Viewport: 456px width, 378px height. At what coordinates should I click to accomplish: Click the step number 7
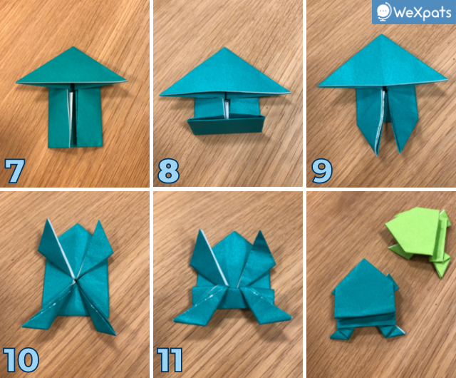coord(15,171)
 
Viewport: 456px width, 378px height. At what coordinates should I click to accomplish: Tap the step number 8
coord(168,171)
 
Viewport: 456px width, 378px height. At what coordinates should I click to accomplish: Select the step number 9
coord(322,171)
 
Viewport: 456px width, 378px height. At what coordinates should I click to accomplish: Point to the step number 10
coord(21,359)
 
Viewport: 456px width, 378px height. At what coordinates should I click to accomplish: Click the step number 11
coord(170,359)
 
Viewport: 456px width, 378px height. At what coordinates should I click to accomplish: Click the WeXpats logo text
coord(423,12)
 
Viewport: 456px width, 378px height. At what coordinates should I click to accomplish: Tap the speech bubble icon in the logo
coord(384,11)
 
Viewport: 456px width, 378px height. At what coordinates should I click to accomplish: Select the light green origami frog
coord(419,240)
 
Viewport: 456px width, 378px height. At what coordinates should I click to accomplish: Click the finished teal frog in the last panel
coord(367,300)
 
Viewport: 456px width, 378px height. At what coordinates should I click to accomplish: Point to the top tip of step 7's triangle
coord(73,47)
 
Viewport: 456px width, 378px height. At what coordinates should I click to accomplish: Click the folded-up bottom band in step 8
coord(227,126)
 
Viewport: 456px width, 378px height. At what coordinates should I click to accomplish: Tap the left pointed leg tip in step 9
coord(378,155)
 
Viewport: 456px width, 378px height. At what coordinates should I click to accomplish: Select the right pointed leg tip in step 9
coord(400,152)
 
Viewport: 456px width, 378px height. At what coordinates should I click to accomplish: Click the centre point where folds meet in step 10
coord(76,281)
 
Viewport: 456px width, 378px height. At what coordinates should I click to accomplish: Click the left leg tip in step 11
coord(175,320)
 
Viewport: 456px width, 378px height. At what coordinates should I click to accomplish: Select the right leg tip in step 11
coord(291,316)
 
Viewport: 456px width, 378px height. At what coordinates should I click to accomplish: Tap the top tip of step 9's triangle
coord(382,34)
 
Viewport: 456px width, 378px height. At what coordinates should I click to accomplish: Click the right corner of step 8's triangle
coord(290,93)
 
